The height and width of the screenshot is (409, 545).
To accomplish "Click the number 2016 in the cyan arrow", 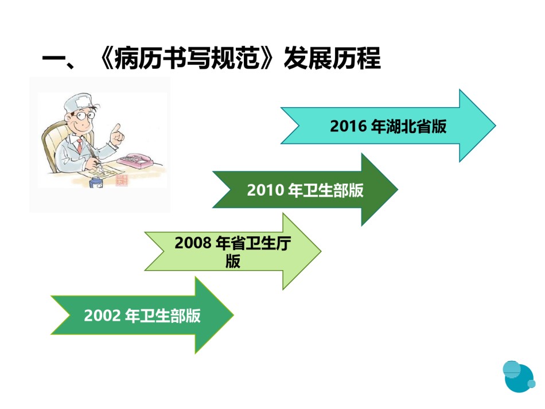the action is (x=348, y=126).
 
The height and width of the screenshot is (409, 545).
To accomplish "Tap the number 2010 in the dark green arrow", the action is (x=265, y=190).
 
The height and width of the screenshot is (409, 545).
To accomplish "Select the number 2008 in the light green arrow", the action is (x=193, y=243).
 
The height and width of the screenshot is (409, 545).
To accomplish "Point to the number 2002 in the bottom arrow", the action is (x=102, y=315).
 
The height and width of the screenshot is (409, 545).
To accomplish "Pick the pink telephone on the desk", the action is (x=135, y=161).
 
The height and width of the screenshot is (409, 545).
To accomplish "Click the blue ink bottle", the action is (x=96, y=182).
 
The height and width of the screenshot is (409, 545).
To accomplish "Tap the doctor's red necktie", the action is (x=80, y=146).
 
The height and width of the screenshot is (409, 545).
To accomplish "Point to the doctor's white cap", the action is (x=79, y=102).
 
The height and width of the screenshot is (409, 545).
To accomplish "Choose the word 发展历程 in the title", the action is (x=332, y=58).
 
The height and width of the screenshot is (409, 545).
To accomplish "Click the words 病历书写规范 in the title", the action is (x=187, y=58).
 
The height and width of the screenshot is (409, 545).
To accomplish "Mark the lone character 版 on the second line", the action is (x=232, y=262).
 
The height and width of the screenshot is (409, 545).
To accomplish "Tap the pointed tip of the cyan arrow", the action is (x=495, y=126).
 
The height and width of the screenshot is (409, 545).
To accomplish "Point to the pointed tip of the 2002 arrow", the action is (x=233, y=315).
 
